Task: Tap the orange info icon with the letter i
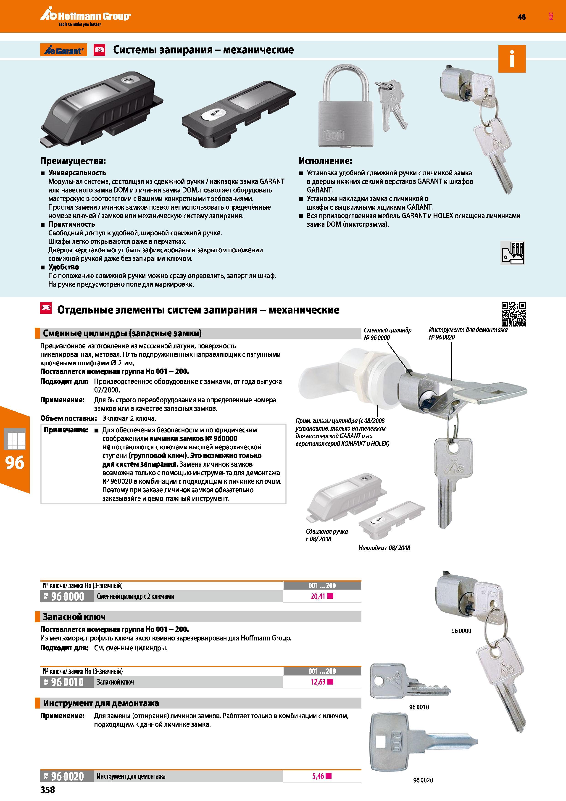[x=512, y=59]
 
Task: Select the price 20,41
[x=318, y=596]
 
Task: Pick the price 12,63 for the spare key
[x=318, y=682]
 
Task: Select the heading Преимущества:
[x=73, y=161]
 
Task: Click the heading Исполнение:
[x=325, y=161]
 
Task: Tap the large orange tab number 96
[x=15, y=463]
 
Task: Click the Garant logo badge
[x=63, y=50]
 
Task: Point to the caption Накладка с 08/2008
[x=384, y=548]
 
